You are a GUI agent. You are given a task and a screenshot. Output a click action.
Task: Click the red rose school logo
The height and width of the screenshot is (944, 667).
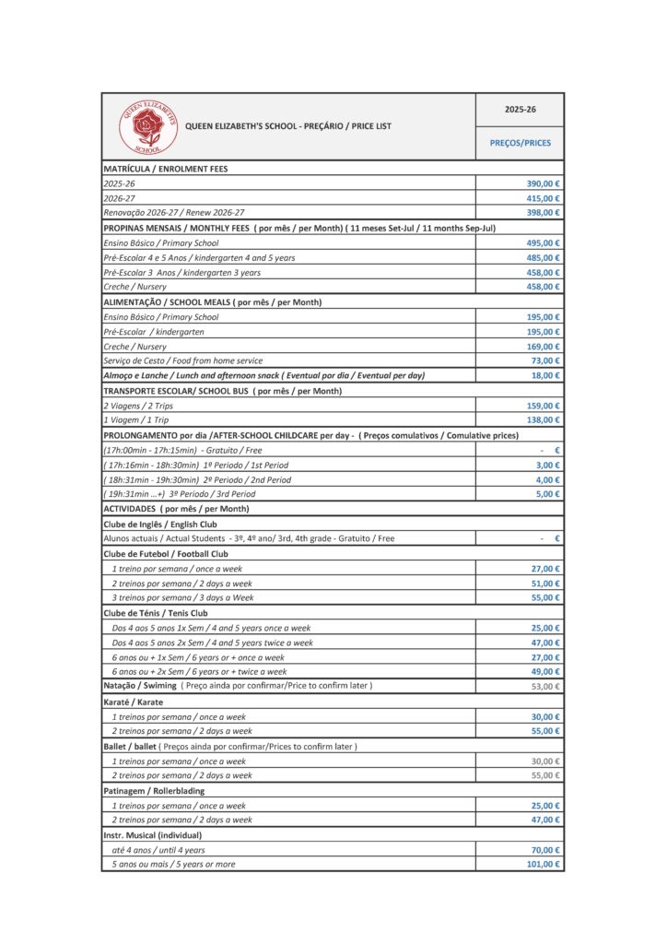[x=146, y=125]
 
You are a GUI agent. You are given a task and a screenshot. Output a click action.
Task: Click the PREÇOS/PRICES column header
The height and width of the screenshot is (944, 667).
[x=520, y=143]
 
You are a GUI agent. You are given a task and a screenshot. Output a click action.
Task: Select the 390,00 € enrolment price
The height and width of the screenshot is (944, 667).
[x=544, y=183]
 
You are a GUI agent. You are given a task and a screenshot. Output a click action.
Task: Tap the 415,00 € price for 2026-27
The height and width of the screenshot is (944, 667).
[x=544, y=198]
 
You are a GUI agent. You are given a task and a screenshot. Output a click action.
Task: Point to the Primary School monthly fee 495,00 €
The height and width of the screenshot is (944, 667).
[x=544, y=242]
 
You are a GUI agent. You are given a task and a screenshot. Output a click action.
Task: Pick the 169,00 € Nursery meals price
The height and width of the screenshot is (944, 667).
[x=544, y=346]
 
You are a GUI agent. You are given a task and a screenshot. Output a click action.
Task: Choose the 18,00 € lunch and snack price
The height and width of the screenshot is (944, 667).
[x=545, y=375]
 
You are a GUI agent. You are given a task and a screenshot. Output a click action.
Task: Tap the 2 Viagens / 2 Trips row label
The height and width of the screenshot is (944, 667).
[x=137, y=406]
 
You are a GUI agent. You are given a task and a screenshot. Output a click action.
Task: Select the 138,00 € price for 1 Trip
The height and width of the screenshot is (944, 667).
[x=544, y=419]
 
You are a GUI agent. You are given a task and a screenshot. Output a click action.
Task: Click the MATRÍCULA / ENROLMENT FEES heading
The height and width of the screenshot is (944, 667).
[x=165, y=169]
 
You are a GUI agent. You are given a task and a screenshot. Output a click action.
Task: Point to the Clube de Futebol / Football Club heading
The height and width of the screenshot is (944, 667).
[x=165, y=554]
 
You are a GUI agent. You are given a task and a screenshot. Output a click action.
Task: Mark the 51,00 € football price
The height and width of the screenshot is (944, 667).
[x=545, y=584]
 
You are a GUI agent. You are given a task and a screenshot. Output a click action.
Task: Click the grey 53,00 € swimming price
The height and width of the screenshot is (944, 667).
[x=545, y=687]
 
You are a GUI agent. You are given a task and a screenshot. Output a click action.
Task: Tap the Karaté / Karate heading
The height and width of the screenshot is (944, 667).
[x=134, y=702]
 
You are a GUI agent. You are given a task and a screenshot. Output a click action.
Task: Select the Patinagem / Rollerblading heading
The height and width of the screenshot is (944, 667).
[x=154, y=791]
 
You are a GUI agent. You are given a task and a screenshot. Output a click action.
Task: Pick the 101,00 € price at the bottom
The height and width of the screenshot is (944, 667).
[x=544, y=864]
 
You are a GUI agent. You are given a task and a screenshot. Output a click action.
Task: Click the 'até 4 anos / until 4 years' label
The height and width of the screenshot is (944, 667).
[x=158, y=850]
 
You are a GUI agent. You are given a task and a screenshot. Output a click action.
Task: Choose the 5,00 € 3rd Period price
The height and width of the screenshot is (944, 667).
[x=548, y=493]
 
